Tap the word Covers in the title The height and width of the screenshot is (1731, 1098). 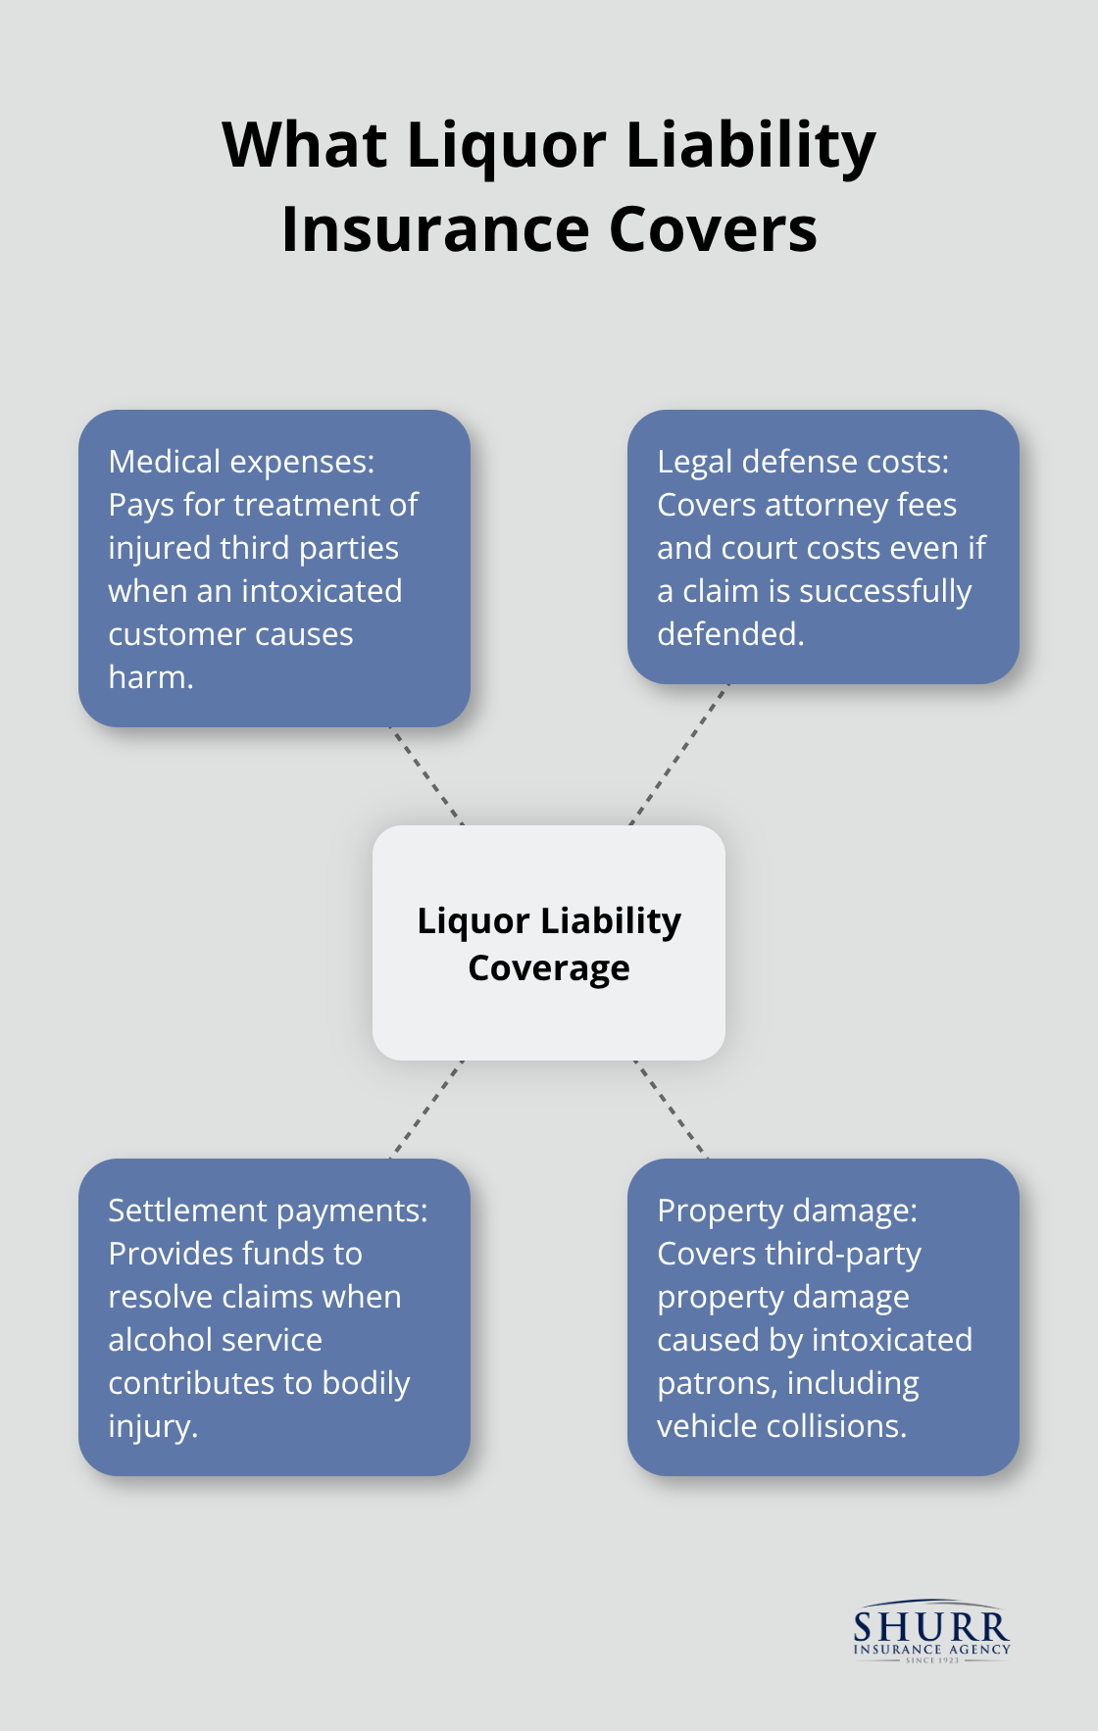[713, 230]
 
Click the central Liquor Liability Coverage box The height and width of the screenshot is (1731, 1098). [549, 1019]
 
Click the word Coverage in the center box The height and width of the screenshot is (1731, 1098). [549, 968]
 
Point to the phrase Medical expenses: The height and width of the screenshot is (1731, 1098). [241, 462]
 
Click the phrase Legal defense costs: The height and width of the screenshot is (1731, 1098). [803, 462]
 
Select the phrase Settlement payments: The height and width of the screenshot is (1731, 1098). [268, 1211]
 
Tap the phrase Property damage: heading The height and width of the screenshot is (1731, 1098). [787, 1211]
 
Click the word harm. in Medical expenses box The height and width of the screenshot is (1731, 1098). [150, 677]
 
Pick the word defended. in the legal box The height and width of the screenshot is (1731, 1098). [730, 634]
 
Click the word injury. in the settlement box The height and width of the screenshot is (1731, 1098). [153, 1426]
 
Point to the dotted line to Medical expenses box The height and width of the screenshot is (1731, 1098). [427, 775]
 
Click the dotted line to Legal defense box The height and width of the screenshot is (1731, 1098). [679, 755]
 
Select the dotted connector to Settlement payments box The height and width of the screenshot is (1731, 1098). [426, 1110]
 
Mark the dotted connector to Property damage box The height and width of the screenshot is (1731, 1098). [672, 1110]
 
